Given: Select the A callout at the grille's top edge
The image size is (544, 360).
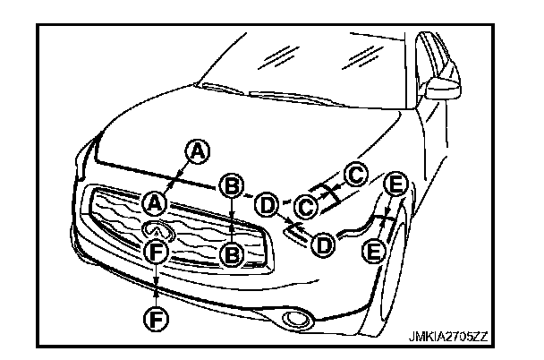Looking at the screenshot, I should click(156, 202).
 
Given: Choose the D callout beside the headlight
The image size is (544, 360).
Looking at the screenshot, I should click(321, 244).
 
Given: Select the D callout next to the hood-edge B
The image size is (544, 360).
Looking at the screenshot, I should click(267, 204).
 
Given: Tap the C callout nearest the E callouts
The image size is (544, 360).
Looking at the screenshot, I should click(355, 175).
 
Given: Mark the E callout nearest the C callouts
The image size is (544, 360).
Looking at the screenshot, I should click(396, 185).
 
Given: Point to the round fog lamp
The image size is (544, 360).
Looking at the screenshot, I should click(294, 319).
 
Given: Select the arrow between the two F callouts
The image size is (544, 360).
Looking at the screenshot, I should click(157, 284).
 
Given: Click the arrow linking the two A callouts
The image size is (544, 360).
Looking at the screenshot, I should click(176, 177).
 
